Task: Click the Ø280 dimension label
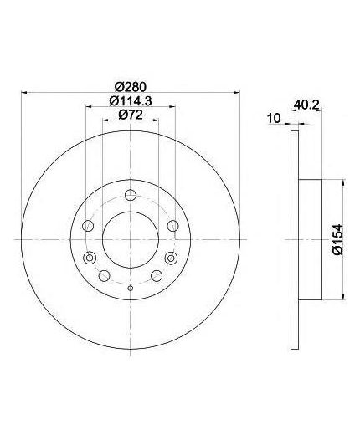[x=131, y=87]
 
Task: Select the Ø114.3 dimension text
[x=131, y=101]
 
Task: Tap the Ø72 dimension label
[x=131, y=115]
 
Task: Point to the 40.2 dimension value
[x=306, y=105]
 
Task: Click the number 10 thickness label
[x=274, y=118]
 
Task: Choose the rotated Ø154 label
[x=337, y=239]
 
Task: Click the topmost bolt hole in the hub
[x=131, y=195]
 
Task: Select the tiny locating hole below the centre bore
[x=131, y=288]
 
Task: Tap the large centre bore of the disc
[x=131, y=239]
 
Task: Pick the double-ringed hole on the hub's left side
[x=90, y=258]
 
